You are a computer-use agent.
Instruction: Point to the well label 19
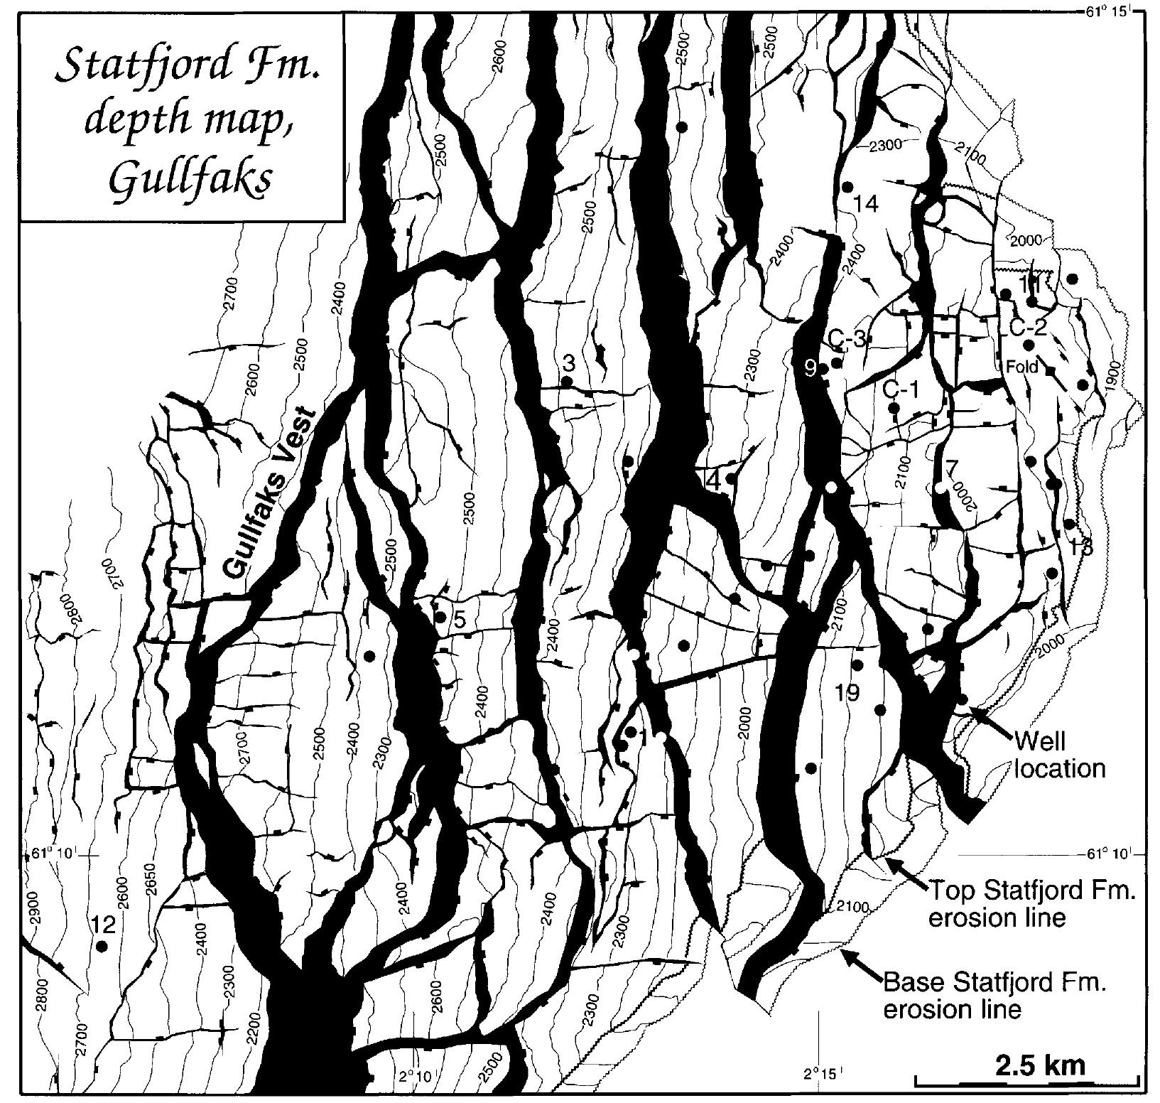click(847, 692)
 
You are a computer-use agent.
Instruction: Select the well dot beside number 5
click(440, 616)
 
